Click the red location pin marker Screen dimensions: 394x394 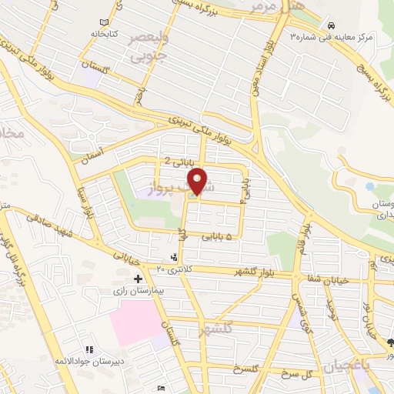pyautogui.click(x=199, y=181)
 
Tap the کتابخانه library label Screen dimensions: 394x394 pyautogui.click(x=102, y=35)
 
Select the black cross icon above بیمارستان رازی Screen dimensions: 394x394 pyautogui.click(x=139, y=278)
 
